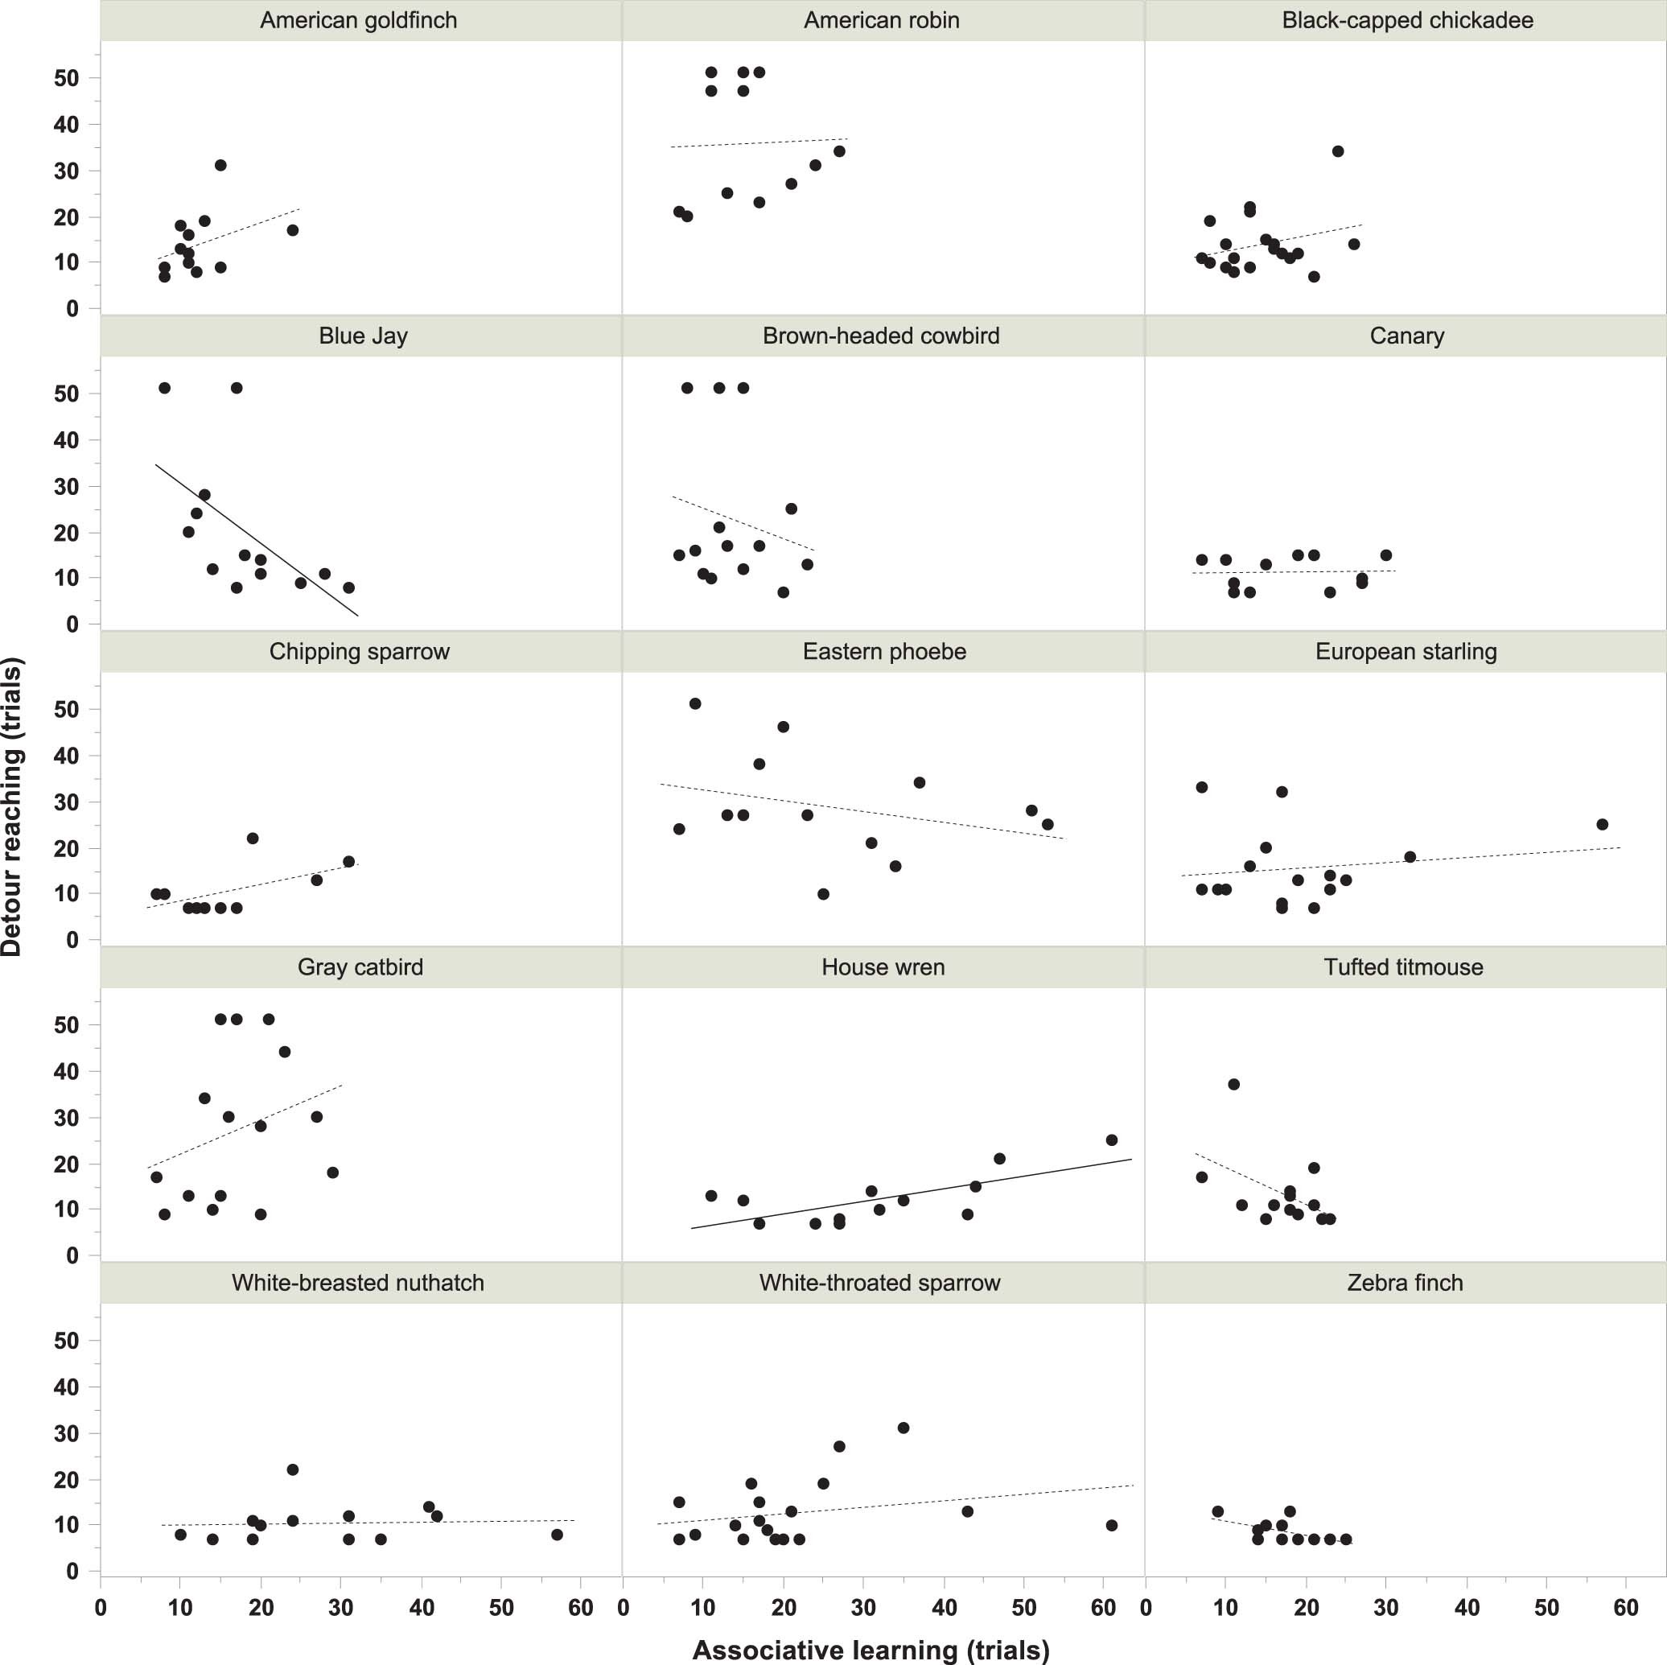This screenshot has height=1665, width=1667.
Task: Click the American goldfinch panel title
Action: tap(358, 20)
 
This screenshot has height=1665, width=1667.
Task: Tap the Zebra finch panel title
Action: tap(1405, 1283)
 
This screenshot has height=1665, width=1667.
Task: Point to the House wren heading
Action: tap(883, 966)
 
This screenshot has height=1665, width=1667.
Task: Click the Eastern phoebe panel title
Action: tap(883, 651)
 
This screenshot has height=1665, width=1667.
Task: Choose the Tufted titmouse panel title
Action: tap(1403, 966)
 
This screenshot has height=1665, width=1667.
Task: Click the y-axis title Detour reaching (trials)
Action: tap(12, 806)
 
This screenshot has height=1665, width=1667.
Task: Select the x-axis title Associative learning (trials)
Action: tap(871, 1650)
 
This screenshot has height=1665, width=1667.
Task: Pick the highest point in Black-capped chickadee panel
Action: tap(1337, 151)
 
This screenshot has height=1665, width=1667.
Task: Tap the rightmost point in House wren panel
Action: tap(1111, 1140)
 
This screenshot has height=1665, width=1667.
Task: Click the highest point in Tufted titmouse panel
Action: tap(1233, 1084)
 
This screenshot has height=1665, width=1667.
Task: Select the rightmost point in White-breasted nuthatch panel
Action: tap(557, 1535)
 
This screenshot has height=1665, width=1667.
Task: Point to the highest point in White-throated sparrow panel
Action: tap(903, 1428)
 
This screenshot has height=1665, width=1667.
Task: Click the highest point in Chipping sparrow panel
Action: tap(252, 838)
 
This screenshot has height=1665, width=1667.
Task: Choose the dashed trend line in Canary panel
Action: tap(1294, 571)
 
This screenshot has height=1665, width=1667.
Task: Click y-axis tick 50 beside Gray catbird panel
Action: tap(66, 1024)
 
